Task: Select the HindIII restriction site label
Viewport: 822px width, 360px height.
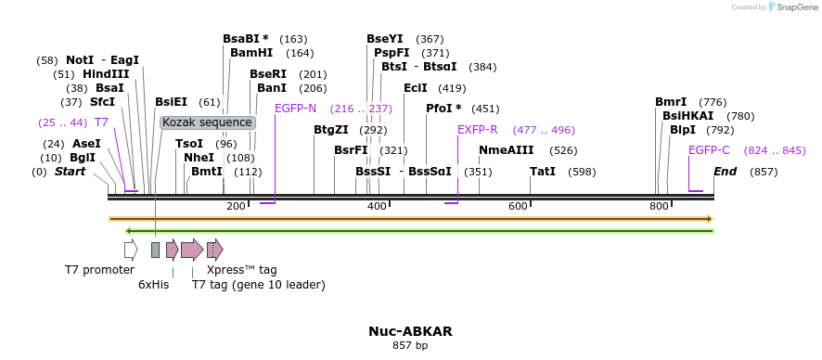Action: coord(105,74)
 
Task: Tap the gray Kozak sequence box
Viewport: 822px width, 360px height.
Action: coord(206,122)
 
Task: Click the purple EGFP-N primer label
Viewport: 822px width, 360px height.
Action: coord(295,109)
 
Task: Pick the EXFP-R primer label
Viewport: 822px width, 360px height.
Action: coord(477,130)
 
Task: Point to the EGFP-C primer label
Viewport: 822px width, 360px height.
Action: coord(709,150)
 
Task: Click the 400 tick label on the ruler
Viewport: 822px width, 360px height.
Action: coord(377,205)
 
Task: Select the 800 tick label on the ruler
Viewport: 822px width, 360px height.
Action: coord(659,205)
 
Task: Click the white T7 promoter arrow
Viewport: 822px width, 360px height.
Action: coord(131,250)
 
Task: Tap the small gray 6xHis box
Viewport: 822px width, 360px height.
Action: coord(155,250)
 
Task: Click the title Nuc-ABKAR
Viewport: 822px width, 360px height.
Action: coord(410,330)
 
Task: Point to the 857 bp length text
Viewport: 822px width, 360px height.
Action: coord(410,346)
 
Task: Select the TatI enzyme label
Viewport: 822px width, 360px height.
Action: coord(543,172)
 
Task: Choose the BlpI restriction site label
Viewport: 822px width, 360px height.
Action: coord(682,130)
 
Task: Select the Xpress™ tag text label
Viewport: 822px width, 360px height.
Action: coord(241,270)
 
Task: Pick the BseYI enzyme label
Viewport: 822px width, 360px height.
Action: coord(385,39)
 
